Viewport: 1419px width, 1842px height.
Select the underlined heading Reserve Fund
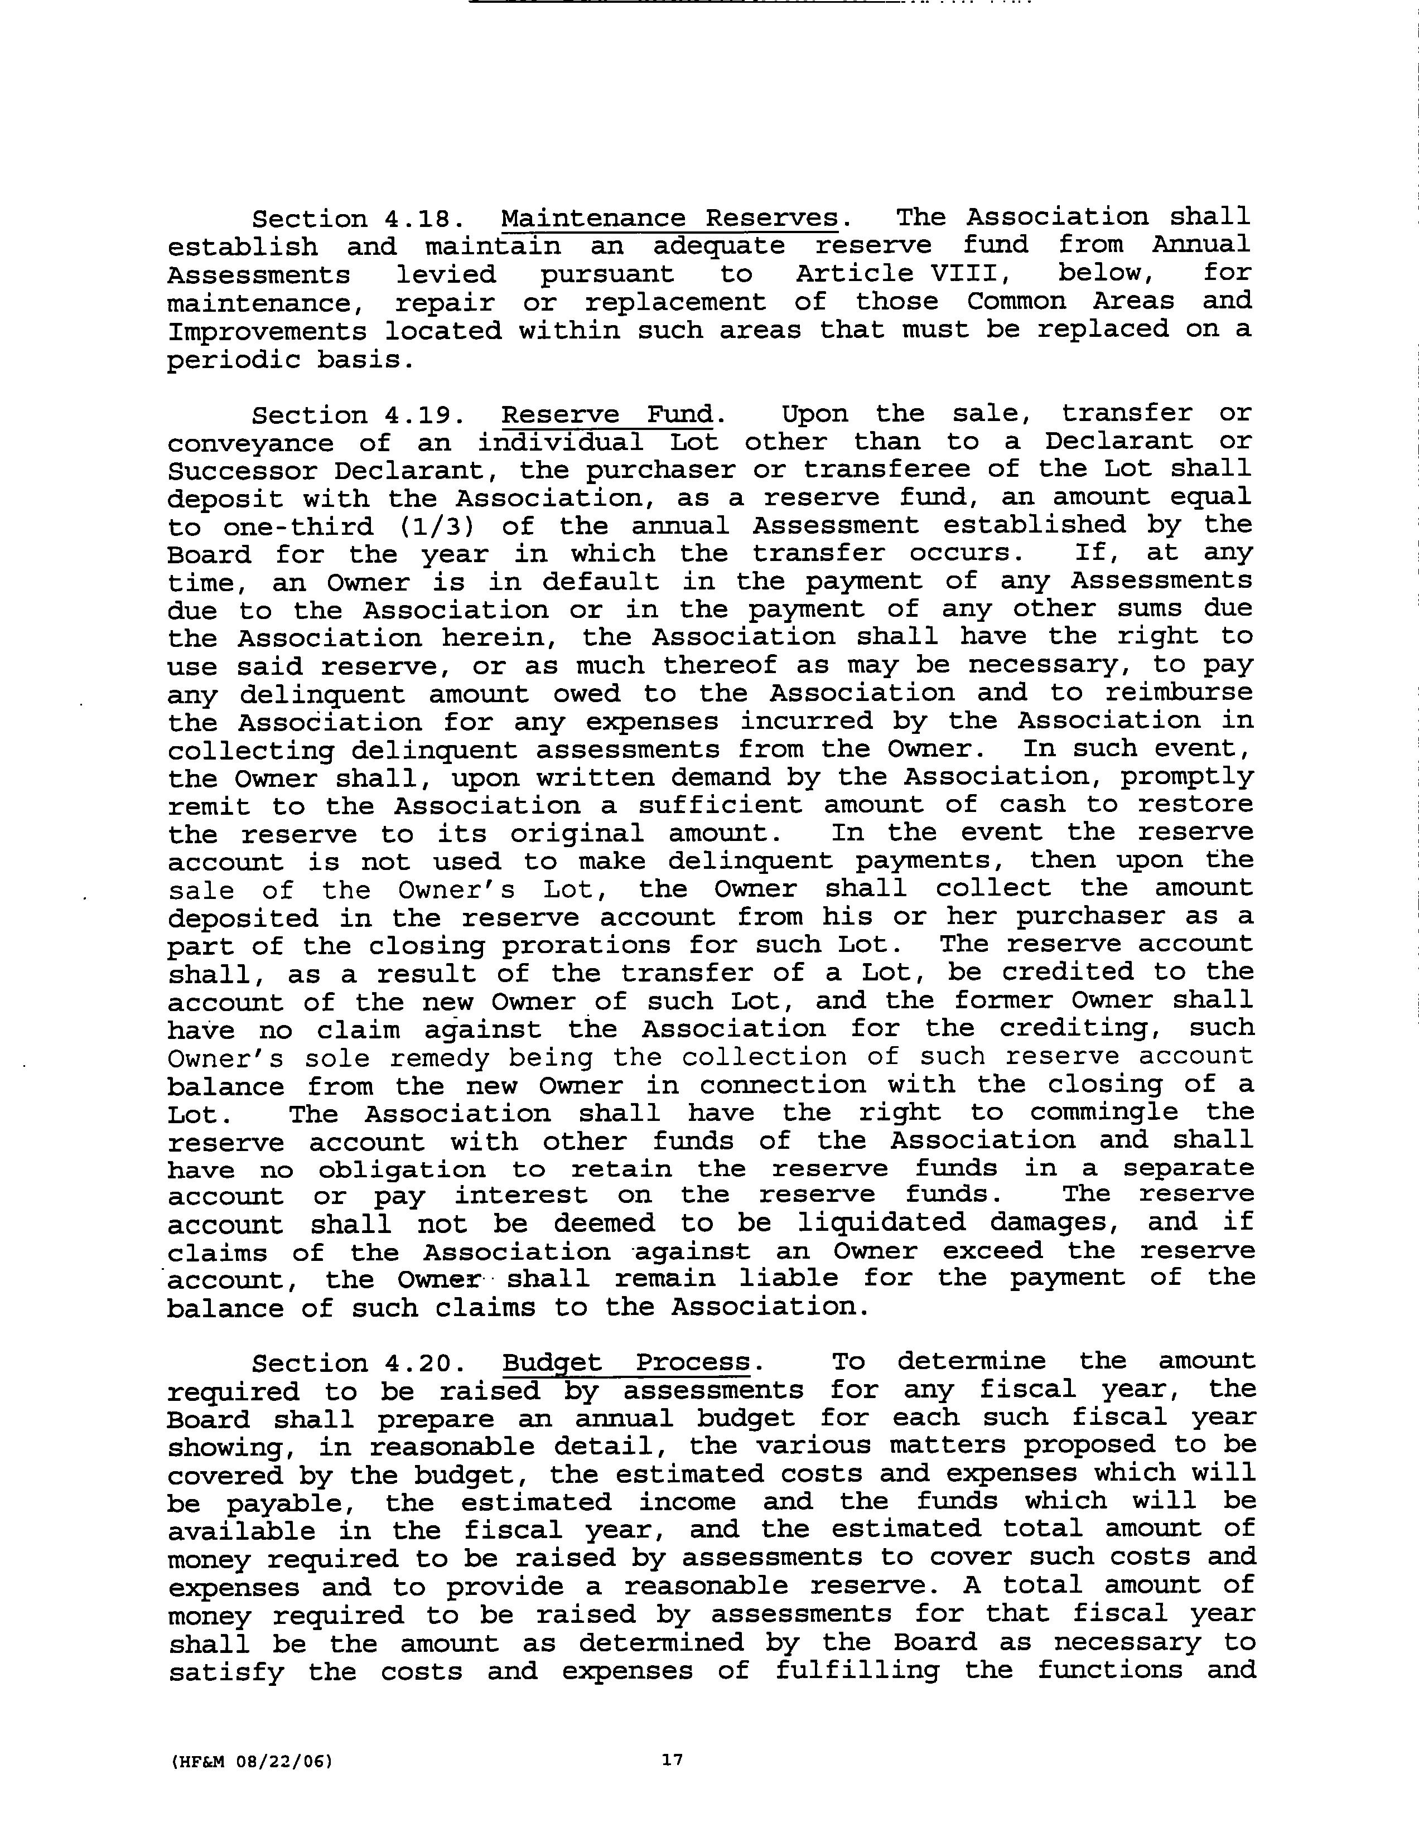(607, 414)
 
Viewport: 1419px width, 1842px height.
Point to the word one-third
(298, 526)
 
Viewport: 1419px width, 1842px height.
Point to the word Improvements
(267, 331)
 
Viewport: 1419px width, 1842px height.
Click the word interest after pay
(520, 1195)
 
